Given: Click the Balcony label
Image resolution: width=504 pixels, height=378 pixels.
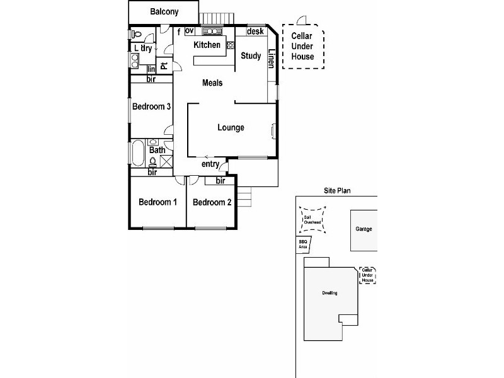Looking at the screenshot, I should click(x=164, y=12).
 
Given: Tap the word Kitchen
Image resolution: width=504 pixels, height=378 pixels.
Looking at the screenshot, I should click(x=207, y=45).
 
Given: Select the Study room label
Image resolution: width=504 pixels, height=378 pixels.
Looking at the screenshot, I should click(x=251, y=56).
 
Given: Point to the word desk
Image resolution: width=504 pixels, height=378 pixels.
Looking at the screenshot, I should click(x=255, y=31).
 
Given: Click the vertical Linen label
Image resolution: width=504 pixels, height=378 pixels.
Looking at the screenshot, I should click(x=272, y=59).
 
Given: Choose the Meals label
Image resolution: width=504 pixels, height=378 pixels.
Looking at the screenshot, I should click(x=212, y=83).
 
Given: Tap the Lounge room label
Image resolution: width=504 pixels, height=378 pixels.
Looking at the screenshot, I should click(x=231, y=128).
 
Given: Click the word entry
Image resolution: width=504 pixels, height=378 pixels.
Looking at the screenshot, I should click(x=210, y=164).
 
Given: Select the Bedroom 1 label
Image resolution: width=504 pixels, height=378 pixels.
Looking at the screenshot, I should click(x=157, y=202).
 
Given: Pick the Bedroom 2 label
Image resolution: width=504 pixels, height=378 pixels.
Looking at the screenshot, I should click(x=212, y=202).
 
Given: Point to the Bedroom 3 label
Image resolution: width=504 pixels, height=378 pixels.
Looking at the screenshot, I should click(x=151, y=106).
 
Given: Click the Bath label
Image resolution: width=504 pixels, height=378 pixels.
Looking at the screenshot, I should click(x=157, y=150).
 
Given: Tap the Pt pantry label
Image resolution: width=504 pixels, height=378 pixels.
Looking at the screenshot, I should click(x=163, y=66).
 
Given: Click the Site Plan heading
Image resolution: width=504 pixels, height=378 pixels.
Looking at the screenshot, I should click(x=337, y=190).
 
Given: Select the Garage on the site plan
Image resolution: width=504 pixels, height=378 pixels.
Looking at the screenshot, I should click(x=364, y=229).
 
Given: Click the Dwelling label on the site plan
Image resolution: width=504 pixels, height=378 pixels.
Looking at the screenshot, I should click(x=329, y=294).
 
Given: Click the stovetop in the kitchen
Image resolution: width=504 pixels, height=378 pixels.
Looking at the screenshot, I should click(x=212, y=31).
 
